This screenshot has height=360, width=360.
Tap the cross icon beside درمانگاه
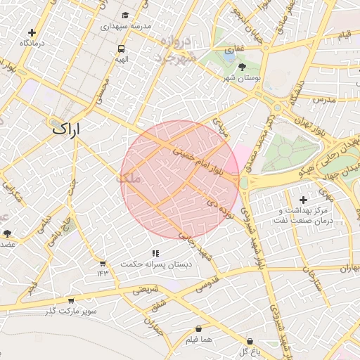click(x=32, y=32)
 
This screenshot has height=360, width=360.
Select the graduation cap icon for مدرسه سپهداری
click(x=125, y=15)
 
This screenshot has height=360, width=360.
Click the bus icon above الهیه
click(x=122, y=49)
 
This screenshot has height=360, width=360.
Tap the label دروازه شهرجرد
click(x=176, y=49)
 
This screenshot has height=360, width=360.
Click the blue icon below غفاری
click(x=229, y=51)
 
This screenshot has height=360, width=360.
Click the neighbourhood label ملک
click(x=130, y=179)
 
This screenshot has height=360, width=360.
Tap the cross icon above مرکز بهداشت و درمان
click(x=303, y=200)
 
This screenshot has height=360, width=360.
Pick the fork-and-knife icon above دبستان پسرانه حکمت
click(x=155, y=253)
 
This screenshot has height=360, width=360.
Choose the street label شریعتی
click(x=147, y=288)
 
